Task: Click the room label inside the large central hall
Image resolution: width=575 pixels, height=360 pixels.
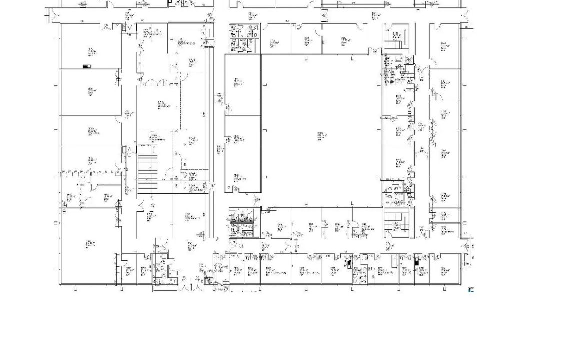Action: click(x=320, y=136)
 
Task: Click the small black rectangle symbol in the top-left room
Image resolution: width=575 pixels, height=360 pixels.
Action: click(x=87, y=66)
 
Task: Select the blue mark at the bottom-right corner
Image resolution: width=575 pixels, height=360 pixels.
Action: click(x=471, y=289)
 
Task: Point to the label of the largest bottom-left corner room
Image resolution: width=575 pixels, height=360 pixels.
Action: click(x=90, y=244)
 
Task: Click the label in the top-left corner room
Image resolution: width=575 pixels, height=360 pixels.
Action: click(x=91, y=51)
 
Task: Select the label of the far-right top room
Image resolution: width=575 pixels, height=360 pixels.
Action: click(x=443, y=46)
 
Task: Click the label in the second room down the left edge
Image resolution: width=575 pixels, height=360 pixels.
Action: click(x=91, y=91)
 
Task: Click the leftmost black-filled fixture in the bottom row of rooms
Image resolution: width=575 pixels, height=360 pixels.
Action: click(x=349, y=264)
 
